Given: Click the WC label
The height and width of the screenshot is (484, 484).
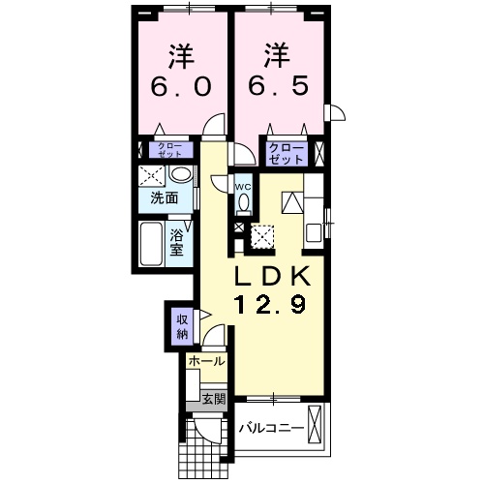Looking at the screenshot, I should (x=243, y=187).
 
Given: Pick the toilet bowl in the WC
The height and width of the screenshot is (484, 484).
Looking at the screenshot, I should (x=243, y=202).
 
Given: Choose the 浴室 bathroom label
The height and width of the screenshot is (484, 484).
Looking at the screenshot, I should (x=178, y=241).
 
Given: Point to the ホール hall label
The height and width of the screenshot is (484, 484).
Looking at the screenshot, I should (x=206, y=361).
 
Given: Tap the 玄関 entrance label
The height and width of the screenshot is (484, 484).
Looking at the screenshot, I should (x=213, y=396).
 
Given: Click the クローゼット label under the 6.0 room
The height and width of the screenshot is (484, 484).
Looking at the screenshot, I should (x=168, y=150).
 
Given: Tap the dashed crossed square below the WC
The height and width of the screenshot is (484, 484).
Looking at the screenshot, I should (x=262, y=235).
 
